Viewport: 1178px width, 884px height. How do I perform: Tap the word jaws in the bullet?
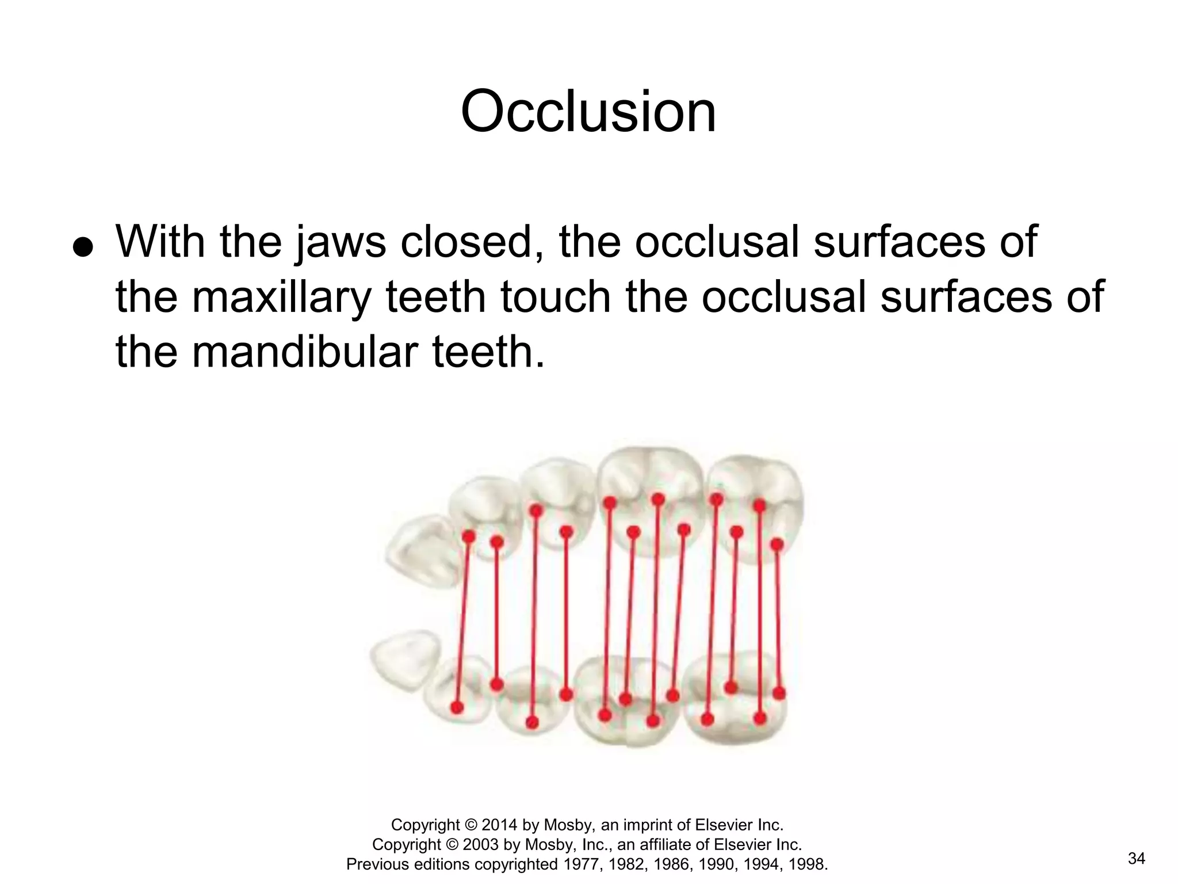(x=341, y=242)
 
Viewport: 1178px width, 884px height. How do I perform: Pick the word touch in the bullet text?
(x=555, y=297)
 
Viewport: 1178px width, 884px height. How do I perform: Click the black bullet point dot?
(x=83, y=247)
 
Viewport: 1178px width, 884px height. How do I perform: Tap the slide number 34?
(x=1137, y=859)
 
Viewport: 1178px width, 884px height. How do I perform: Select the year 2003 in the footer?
(x=481, y=845)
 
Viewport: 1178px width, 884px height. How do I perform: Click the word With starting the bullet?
(x=160, y=242)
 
